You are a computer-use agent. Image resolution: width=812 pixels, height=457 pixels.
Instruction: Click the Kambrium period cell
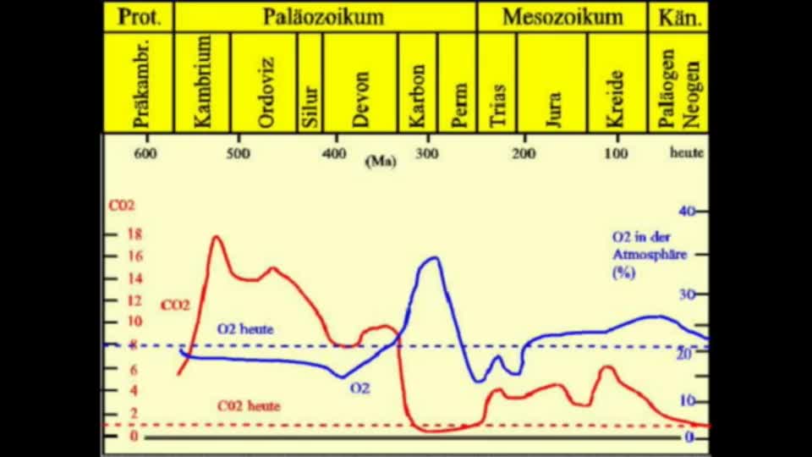[x=202, y=82]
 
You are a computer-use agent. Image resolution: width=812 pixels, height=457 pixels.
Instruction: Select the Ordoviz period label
[x=266, y=82]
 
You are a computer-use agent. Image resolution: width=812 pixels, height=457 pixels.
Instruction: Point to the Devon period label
[x=361, y=82]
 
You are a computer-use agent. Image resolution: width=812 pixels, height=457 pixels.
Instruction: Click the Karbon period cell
[x=418, y=82]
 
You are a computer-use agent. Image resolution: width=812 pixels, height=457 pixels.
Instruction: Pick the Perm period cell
[x=458, y=82]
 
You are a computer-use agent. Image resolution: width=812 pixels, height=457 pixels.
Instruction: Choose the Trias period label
[x=497, y=82]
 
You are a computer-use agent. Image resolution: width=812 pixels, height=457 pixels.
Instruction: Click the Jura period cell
[x=552, y=82]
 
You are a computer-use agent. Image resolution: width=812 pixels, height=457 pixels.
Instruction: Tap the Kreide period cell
[x=617, y=82]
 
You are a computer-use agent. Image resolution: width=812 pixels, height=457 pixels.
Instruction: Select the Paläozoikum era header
[x=325, y=17]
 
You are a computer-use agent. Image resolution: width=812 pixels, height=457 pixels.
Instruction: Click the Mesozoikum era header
[x=562, y=17]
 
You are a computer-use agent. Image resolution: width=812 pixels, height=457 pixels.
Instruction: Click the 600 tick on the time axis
[x=145, y=153]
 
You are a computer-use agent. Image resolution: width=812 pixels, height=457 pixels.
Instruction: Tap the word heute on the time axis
[x=686, y=153]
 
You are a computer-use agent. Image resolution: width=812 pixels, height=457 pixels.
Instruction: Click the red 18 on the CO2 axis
[x=134, y=235]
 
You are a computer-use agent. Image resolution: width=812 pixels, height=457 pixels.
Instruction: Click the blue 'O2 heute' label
[x=245, y=328]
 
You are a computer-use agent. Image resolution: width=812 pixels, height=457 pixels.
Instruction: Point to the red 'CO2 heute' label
[x=249, y=405]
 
